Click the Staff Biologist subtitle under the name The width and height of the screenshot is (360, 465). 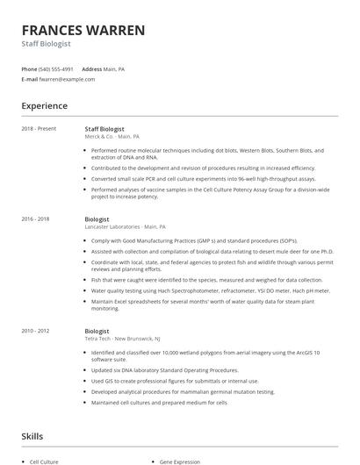tap(47, 44)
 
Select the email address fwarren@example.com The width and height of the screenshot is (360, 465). tap(67, 79)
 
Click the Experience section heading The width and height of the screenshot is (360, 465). tap(44, 106)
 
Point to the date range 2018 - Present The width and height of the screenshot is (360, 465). tap(39, 129)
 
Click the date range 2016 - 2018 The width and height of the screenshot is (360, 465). tap(35, 218)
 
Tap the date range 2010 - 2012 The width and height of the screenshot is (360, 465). tap(35, 332)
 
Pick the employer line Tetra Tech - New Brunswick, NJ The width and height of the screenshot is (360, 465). tap(122, 339)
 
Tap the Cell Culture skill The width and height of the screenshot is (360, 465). tap(45, 460)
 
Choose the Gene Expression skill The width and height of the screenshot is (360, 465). tap(179, 460)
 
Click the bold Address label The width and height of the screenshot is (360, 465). tap(91, 68)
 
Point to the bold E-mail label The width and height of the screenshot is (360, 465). tap(29, 79)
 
